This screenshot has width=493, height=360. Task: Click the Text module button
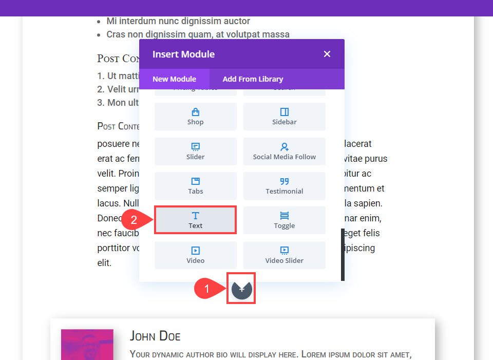196,220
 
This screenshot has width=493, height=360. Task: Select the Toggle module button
284,220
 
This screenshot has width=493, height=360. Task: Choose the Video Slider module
284,255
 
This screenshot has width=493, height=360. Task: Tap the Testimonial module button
284,185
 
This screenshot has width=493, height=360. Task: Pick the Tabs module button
196,185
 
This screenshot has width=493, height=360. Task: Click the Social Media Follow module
284,151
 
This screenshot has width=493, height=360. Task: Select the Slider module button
196,151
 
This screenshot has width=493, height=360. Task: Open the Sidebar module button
284,116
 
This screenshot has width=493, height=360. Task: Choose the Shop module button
196,116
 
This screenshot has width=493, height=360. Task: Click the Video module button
196,255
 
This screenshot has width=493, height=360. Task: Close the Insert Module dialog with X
327,54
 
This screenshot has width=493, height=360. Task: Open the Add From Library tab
253,79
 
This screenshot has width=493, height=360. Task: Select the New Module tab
174,79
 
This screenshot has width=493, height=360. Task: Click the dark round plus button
241,289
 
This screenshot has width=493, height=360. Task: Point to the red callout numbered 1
207,289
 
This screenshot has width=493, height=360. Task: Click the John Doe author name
155,336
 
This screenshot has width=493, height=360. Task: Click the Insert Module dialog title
183,54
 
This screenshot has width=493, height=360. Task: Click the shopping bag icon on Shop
195,112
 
